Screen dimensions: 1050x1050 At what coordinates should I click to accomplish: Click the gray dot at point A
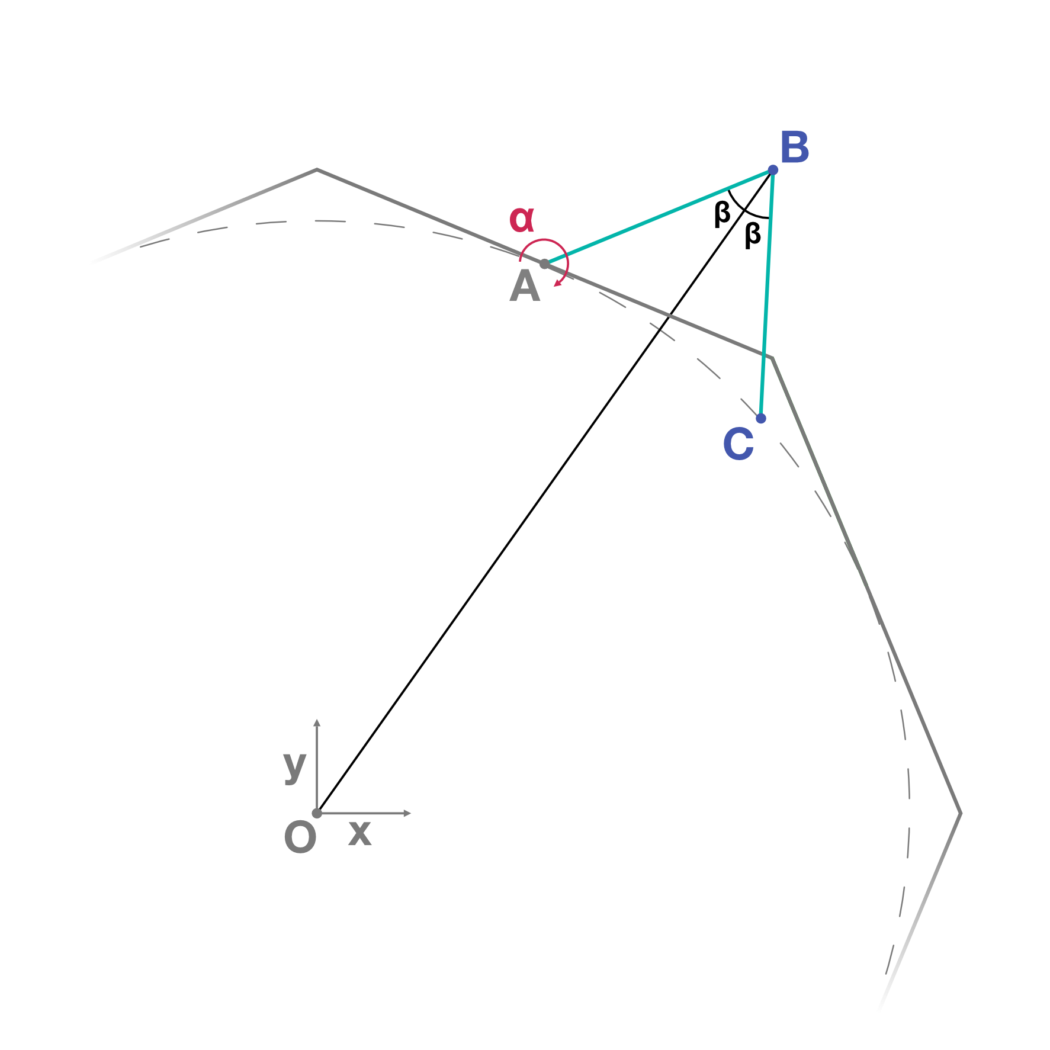click(545, 264)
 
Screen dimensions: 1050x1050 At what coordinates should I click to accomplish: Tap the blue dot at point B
click(773, 170)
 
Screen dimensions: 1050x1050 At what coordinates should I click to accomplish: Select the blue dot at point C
click(761, 418)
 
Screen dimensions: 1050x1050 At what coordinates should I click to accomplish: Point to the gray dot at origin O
click(317, 813)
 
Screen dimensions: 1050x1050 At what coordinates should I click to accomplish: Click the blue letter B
click(795, 147)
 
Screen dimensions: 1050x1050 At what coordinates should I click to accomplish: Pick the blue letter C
click(738, 444)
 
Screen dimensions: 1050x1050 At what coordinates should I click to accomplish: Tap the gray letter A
click(525, 287)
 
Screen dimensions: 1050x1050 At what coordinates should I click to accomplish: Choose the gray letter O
click(300, 838)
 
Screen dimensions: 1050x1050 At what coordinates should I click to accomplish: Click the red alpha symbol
click(522, 219)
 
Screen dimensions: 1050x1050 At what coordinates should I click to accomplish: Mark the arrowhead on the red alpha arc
click(557, 284)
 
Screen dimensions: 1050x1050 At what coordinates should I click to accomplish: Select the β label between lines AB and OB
click(722, 213)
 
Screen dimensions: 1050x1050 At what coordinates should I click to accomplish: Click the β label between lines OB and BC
click(752, 234)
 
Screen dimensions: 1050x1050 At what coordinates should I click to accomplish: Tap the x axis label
click(359, 833)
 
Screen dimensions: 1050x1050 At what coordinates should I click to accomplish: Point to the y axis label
click(294, 766)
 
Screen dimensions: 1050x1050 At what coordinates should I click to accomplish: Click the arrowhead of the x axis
click(407, 813)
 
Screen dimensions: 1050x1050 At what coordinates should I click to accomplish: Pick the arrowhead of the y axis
click(317, 723)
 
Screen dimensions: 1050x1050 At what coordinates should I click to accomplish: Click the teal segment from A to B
click(659, 217)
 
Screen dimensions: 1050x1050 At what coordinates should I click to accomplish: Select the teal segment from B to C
click(767, 294)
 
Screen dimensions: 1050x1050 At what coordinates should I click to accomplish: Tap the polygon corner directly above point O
click(317, 170)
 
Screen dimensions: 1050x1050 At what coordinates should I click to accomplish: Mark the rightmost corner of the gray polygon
click(960, 813)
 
